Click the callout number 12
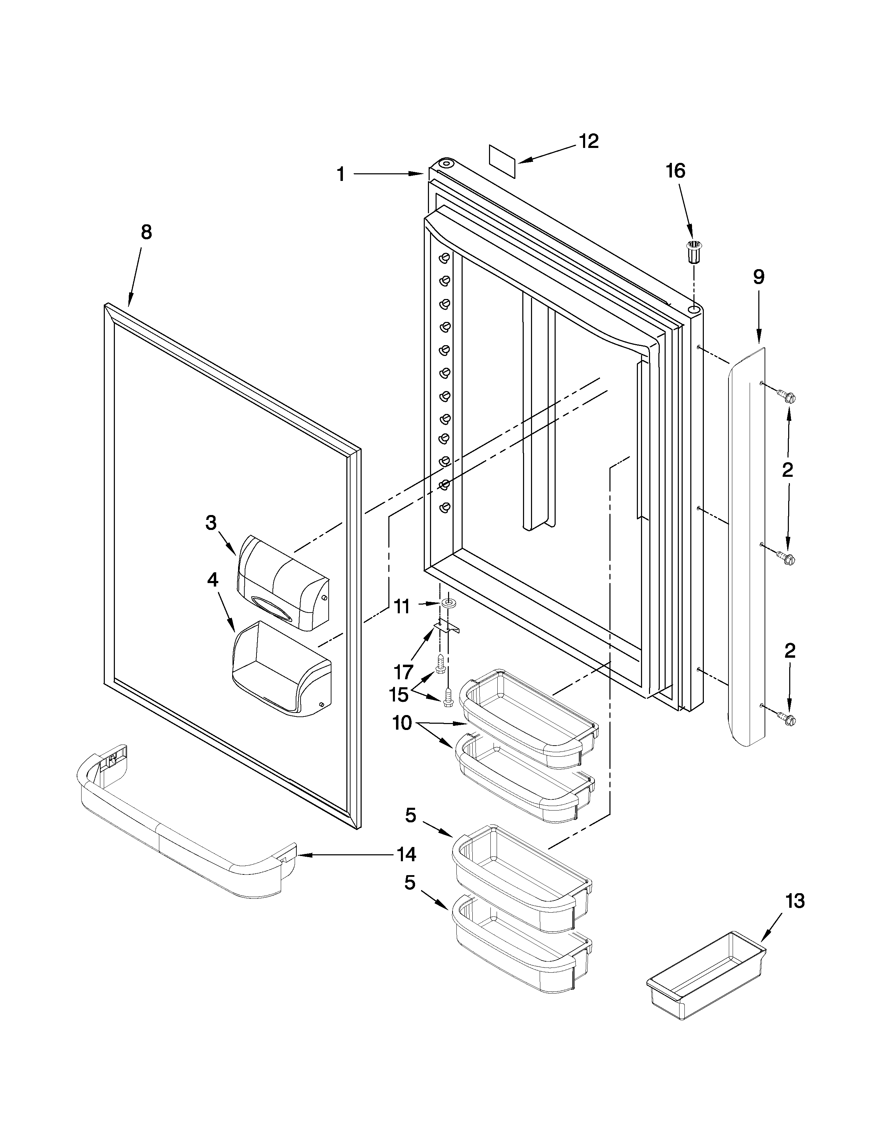pos(589,141)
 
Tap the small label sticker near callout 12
pos(502,162)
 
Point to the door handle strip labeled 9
pos(747,546)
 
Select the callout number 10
pos(403,724)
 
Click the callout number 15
pos(398,695)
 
